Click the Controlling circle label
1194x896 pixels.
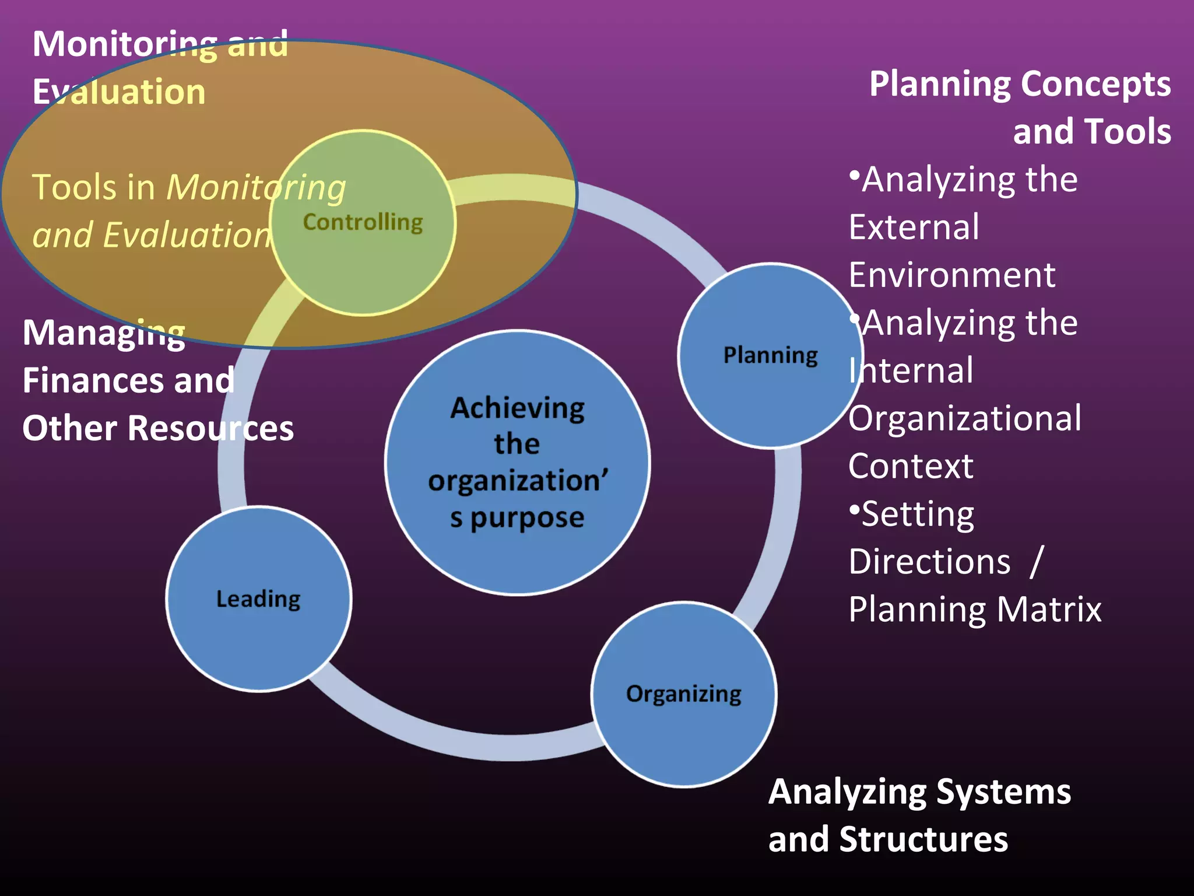(x=363, y=222)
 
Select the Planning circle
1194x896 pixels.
(x=770, y=355)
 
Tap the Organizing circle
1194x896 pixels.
(x=683, y=694)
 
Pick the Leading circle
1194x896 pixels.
(x=258, y=599)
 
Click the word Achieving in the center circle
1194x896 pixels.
(x=517, y=408)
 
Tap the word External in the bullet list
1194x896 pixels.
(x=914, y=227)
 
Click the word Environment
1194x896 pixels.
(x=951, y=275)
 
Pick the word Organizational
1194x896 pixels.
(x=965, y=418)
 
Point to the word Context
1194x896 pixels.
(x=911, y=466)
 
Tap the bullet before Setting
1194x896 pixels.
(x=854, y=509)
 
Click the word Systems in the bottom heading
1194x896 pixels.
(x=1003, y=792)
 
